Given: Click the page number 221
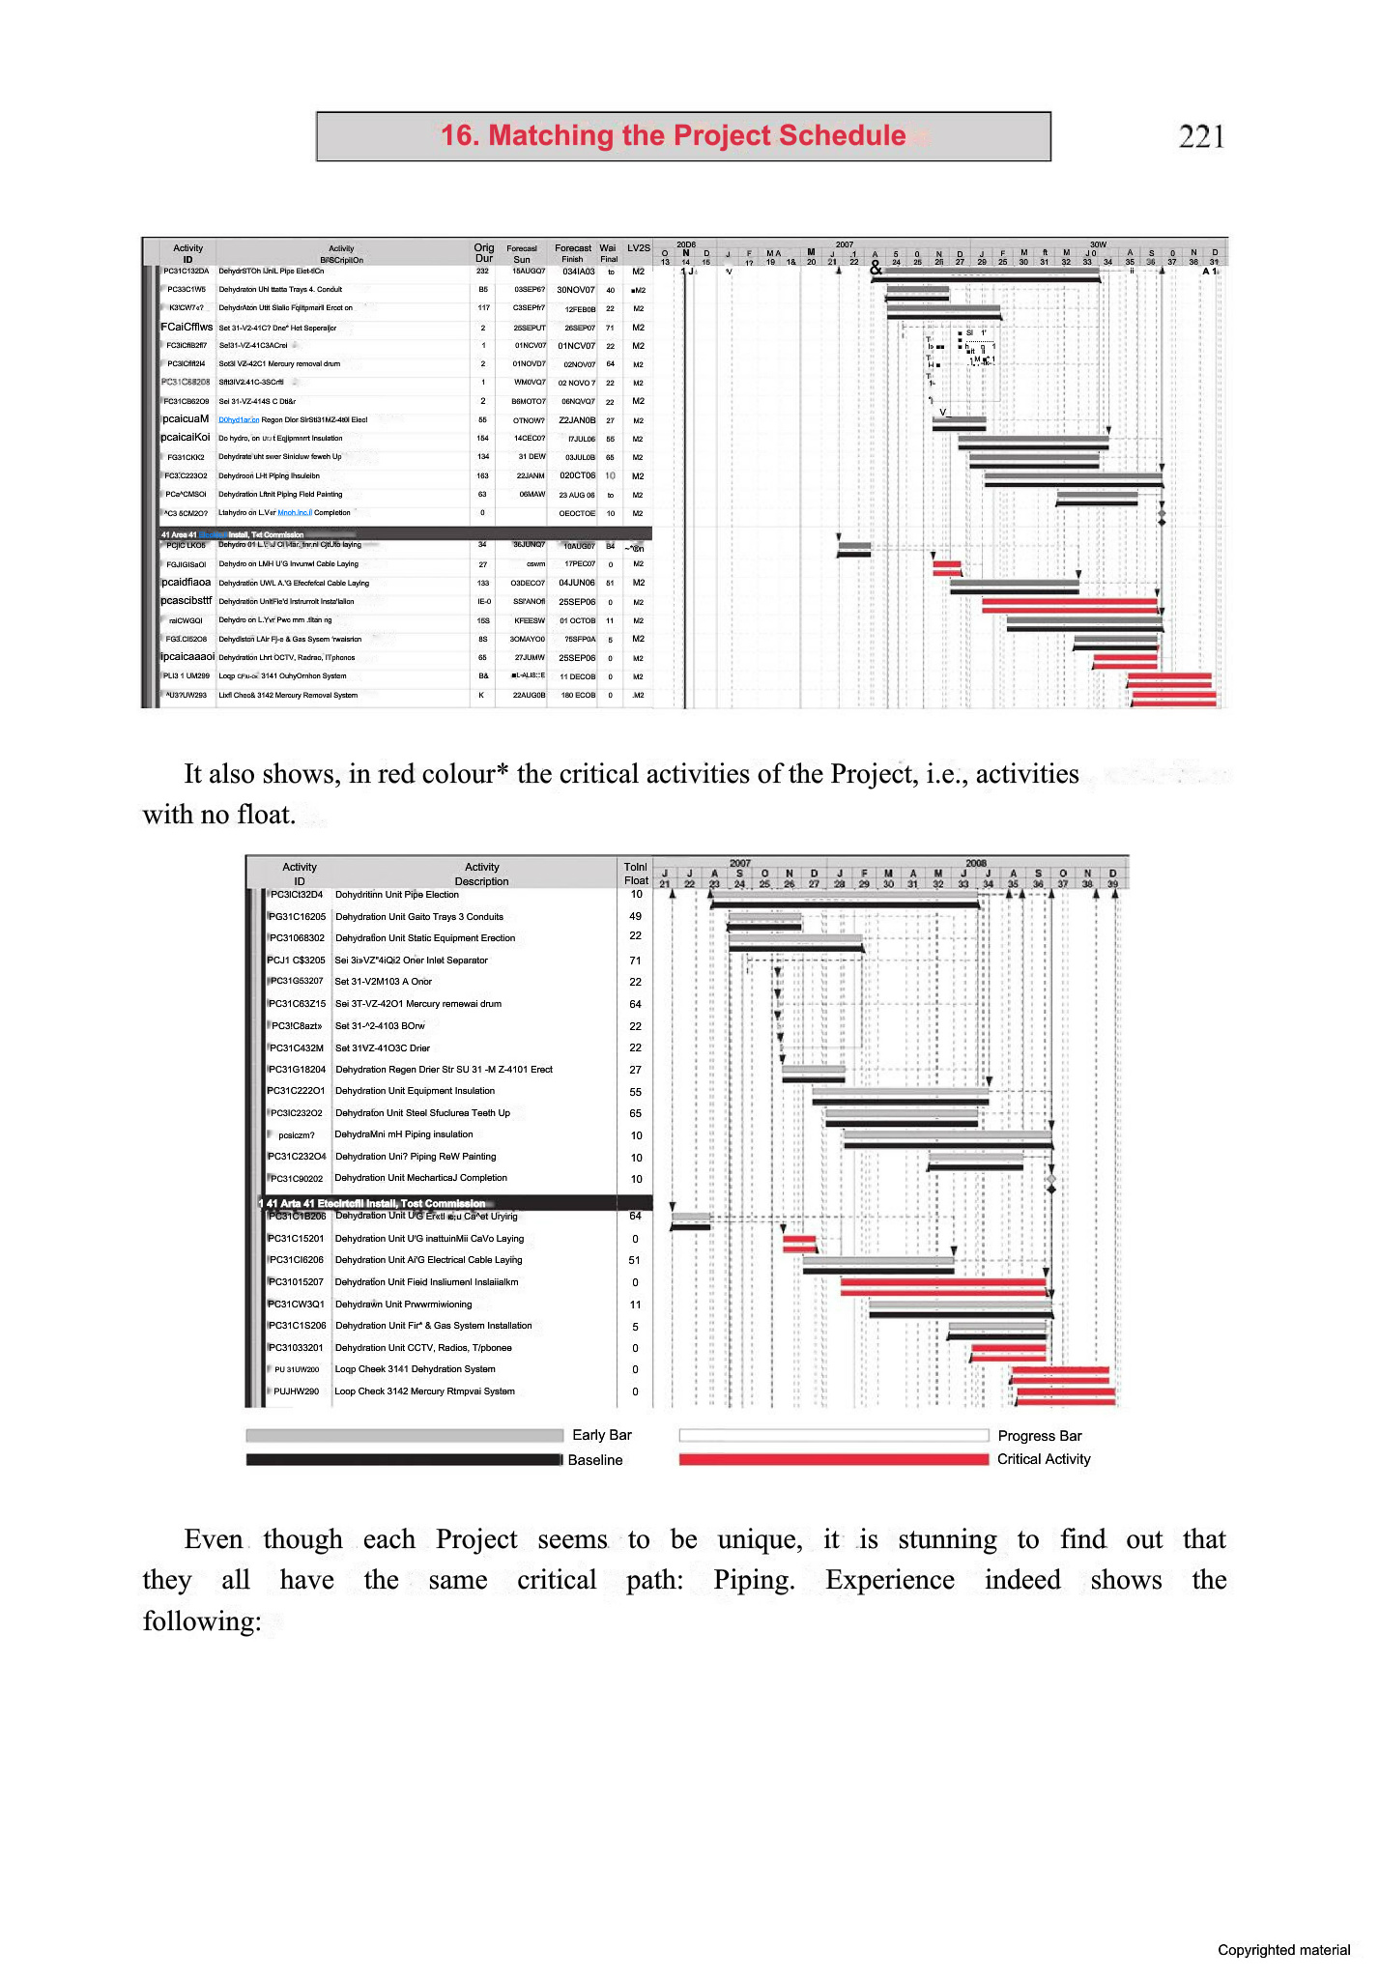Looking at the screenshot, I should tap(1201, 136).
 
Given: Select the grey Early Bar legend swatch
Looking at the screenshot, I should tap(404, 1435).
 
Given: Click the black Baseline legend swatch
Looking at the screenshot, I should tap(404, 1460).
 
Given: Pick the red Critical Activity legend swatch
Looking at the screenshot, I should tap(833, 1460).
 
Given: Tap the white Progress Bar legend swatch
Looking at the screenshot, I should tap(833, 1435).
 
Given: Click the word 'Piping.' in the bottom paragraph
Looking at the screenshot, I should tap(754, 1580).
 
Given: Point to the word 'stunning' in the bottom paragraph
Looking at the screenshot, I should tap(947, 1539).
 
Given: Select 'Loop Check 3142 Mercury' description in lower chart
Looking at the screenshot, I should tap(424, 1391).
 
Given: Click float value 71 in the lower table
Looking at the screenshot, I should tap(635, 961).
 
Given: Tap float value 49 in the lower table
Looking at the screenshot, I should tap(635, 916).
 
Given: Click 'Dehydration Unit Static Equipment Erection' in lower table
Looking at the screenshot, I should tap(424, 938).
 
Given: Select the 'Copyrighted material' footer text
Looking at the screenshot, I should tap(1283, 1950).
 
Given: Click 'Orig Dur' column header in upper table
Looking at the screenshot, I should tap(483, 253).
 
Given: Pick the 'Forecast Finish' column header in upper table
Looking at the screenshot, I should tap(572, 253).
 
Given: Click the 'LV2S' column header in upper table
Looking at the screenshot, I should tap(638, 248).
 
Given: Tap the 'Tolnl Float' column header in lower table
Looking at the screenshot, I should tap(636, 874).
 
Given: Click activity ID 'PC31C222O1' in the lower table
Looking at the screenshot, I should tap(296, 1091).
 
